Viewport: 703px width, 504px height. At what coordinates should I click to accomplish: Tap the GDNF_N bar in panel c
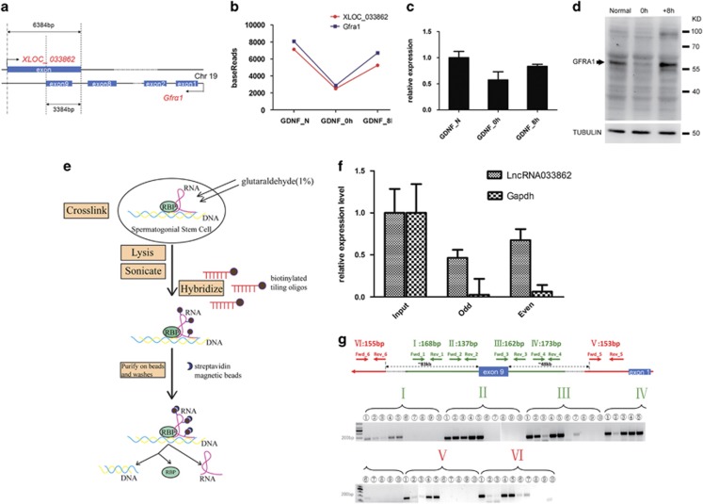(x=431, y=88)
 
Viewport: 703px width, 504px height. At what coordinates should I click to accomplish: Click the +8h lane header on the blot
(x=659, y=18)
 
